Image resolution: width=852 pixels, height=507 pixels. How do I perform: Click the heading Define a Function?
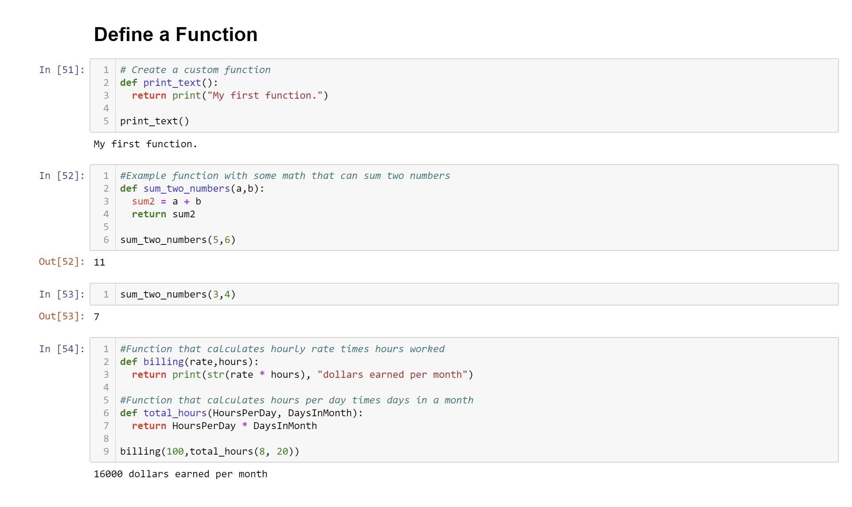coord(175,35)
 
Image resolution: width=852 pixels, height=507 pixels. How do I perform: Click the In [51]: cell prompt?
coord(62,70)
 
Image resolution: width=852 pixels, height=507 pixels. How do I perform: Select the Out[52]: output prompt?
coord(62,261)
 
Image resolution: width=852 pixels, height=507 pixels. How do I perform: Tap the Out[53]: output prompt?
coord(62,316)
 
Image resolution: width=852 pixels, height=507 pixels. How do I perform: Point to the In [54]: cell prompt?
coord(62,349)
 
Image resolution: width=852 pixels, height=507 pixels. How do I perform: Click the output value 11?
coord(99,262)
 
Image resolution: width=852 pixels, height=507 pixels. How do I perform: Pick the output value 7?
coord(97,317)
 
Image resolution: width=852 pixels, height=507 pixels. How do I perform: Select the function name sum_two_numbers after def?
coord(187,188)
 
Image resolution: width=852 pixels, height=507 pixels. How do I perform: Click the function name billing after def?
coord(163,362)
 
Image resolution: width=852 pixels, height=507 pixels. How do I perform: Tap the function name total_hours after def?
coord(175,413)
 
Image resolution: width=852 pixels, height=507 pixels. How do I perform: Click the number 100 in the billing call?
coord(175,451)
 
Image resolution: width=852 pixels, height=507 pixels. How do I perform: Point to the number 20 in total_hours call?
coord(282,451)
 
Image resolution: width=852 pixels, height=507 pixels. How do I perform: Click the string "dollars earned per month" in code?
coord(392,374)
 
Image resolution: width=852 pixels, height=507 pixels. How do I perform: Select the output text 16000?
coord(108,474)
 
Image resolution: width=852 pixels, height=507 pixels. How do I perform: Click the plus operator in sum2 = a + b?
coord(187,202)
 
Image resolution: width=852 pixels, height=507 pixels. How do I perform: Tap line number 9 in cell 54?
coord(106,451)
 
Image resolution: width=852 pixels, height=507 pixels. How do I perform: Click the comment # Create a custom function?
coord(195,70)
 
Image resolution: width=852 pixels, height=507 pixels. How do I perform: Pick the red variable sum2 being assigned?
coord(143,202)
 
